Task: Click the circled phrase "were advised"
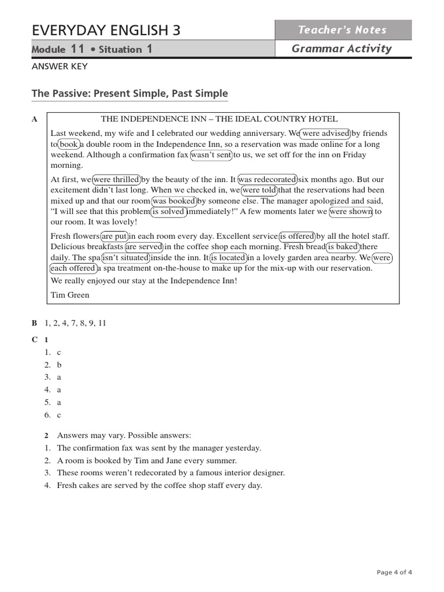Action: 326,134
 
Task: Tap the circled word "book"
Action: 69,145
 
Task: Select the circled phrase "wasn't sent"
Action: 211,155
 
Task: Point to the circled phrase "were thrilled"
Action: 116,180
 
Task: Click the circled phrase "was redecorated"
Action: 268,180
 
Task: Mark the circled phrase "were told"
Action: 259,190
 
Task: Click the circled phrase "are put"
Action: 114,236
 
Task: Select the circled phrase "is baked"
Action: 343,247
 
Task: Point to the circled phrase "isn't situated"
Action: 125,258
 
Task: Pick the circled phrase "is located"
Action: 228,258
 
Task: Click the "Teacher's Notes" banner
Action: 343,30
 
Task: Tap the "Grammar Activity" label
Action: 342,49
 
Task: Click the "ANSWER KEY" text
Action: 60,66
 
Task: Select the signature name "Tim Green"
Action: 70,295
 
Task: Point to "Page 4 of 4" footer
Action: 394,572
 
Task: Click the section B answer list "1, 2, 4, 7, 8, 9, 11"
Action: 75,323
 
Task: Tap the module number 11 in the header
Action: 78,49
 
